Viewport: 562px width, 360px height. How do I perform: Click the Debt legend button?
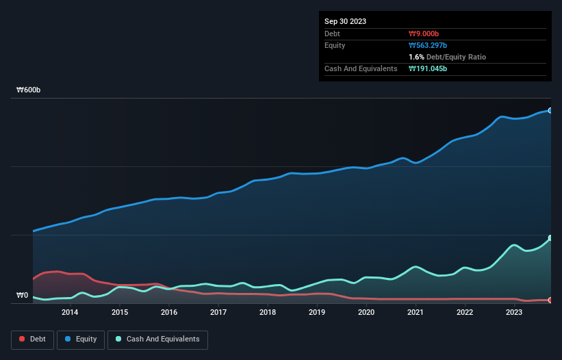31,339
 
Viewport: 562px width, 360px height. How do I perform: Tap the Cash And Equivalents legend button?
157,339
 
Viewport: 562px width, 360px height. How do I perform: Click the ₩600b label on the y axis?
29,90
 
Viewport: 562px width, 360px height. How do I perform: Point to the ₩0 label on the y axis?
23,296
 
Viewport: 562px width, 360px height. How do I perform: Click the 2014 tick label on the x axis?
70,312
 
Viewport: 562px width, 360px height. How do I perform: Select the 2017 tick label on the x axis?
218,312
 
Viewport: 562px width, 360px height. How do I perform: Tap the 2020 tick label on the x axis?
366,312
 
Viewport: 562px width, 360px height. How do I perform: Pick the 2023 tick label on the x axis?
514,312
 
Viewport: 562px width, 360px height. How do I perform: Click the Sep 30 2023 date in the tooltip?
345,21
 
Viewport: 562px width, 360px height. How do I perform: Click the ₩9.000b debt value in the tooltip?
424,34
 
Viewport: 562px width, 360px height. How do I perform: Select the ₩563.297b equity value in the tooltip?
428,45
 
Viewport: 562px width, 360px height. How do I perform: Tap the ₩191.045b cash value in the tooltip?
428,68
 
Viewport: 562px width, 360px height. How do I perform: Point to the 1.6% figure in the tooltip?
416,57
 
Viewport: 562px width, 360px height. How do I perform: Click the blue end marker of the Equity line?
550,110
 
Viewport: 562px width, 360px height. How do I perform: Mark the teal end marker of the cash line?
550,238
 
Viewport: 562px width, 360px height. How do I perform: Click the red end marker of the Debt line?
550,300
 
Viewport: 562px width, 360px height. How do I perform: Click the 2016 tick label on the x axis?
169,312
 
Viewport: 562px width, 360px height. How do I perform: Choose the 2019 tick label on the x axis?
317,312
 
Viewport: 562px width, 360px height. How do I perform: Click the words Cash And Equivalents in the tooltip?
361,68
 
